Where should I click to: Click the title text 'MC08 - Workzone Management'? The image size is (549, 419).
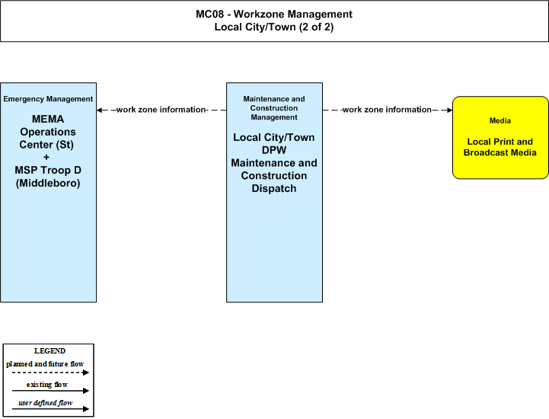pos(274,14)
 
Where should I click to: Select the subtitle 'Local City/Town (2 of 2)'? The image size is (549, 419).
pos(274,27)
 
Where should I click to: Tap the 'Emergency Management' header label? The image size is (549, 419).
pos(48,99)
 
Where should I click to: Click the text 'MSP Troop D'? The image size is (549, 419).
pos(48,170)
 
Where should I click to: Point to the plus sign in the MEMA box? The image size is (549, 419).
pos(46,157)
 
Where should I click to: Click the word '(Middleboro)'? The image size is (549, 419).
pos(48,184)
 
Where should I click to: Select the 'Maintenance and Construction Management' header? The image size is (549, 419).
pos(274,108)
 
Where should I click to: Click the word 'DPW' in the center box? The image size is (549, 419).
pos(274,150)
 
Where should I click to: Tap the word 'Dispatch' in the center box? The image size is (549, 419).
pos(274,188)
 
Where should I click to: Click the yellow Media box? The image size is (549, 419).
pos(500,138)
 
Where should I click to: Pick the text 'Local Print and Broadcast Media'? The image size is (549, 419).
pos(500,147)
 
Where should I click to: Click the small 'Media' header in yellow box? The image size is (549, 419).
pos(500,121)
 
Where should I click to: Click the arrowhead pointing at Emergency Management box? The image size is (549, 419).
pos(100,110)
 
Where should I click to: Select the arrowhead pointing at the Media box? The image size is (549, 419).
pos(449,110)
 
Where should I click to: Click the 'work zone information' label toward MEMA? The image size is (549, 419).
pos(161,110)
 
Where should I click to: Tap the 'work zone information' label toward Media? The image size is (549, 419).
pos(387,110)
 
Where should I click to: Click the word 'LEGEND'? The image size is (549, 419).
pos(49,351)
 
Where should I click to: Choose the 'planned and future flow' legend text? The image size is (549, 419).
pos(45,364)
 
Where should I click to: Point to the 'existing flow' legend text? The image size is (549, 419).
pos(47,385)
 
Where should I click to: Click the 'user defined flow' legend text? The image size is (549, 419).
pos(46,403)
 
